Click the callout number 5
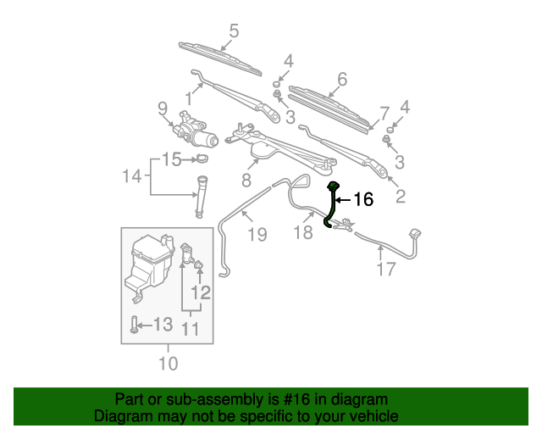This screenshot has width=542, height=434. [x=234, y=31]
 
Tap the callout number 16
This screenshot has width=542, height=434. [x=362, y=200]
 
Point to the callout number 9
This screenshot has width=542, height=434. [x=162, y=108]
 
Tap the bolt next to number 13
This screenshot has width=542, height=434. [x=134, y=325]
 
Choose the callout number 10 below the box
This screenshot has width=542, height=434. [x=168, y=364]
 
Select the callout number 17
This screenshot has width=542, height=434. [x=385, y=270]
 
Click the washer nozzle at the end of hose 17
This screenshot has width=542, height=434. [x=415, y=235]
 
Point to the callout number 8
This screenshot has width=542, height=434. [x=246, y=180]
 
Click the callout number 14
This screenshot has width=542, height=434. [x=131, y=176]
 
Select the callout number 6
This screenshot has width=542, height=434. [x=341, y=80]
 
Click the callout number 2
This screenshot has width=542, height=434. [x=400, y=197]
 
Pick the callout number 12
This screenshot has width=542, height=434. [x=200, y=293]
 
